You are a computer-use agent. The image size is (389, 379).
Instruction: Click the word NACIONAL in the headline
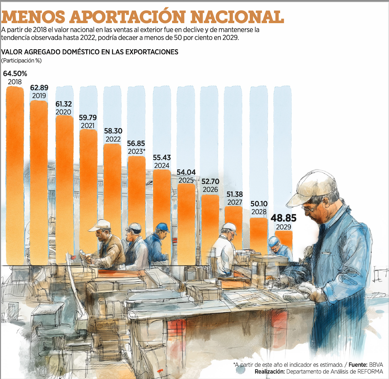point(237,16)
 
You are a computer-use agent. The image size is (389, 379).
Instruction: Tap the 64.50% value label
point(15,74)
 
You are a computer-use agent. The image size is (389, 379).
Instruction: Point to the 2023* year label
point(137,151)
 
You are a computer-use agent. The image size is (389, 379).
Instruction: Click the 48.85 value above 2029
point(283,218)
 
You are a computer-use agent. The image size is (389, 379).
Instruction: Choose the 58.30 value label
point(113,131)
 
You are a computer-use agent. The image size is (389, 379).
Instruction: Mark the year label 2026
point(210,189)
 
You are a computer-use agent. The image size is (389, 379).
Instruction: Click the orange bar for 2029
point(284,240)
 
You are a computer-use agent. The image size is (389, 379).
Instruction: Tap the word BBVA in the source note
point(376,365)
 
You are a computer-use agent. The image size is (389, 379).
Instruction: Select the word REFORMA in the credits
point(370,371)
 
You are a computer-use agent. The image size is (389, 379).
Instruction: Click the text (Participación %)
point(21,61)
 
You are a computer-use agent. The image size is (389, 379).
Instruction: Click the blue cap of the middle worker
point(162,227)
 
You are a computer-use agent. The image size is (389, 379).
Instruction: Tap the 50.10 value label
point(259,204)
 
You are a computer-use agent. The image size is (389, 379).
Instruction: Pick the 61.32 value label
point(63,104)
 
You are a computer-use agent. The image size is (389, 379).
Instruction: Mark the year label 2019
point(39,96)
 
